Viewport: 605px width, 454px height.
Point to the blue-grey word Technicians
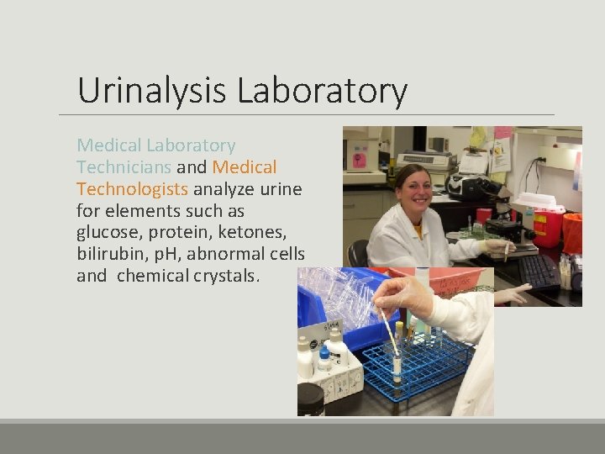tap(124, 166)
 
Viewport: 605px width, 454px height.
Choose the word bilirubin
tap(108, 255)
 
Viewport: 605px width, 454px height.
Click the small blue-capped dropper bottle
tap(324, 362)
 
